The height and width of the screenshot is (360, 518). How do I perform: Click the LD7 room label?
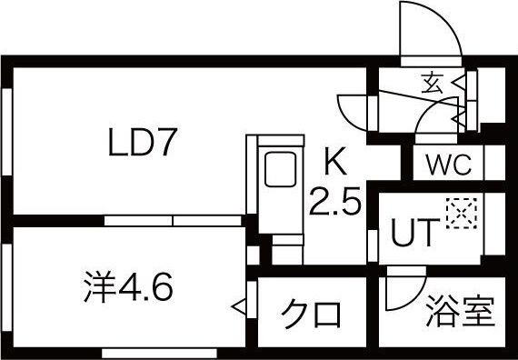(x=147, y=144)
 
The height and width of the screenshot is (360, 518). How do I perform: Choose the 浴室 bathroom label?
(x=461, y=312)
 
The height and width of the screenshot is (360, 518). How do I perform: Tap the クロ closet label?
(x=312, y=315)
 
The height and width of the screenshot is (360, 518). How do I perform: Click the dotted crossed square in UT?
(x=458, y=215)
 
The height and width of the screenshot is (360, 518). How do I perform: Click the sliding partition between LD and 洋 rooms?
(x=173, y=221)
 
